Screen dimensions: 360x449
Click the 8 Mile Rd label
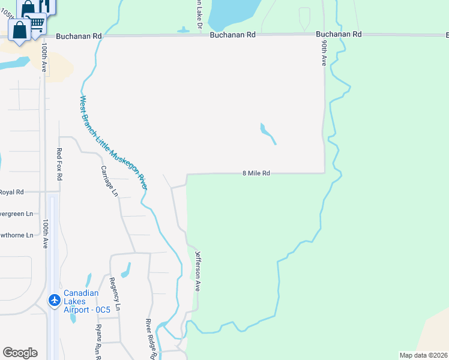[x=256, y=173]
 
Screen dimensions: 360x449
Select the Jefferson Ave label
[x=197, y=271]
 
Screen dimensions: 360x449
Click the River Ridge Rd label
[x=152, y=340]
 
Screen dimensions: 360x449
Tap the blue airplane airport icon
[x=54, y=299]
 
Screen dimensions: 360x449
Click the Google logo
[x=20, y=353]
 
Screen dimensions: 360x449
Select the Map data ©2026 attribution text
[x=423, y=355]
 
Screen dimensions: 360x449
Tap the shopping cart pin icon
[x=37, y=23]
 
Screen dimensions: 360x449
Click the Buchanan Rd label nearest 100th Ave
[x=79, y=36]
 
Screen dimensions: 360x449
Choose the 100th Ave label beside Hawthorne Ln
[x=46, y=234]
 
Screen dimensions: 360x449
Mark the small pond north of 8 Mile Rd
[x=268, y=133]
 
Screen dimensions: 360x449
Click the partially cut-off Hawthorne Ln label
[x=16, y=235]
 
